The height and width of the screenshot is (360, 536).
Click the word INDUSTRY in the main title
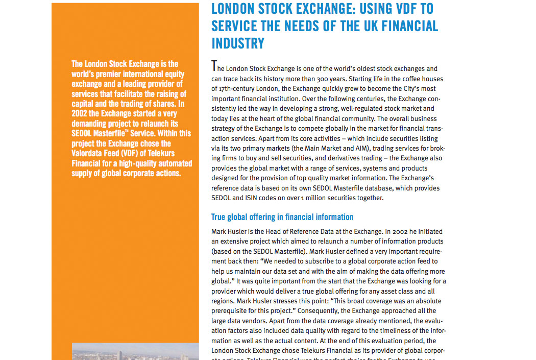238,43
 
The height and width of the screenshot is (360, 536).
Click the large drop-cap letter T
214,66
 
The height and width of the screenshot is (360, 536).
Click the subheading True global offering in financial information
282,217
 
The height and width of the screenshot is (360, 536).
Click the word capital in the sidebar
83,104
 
